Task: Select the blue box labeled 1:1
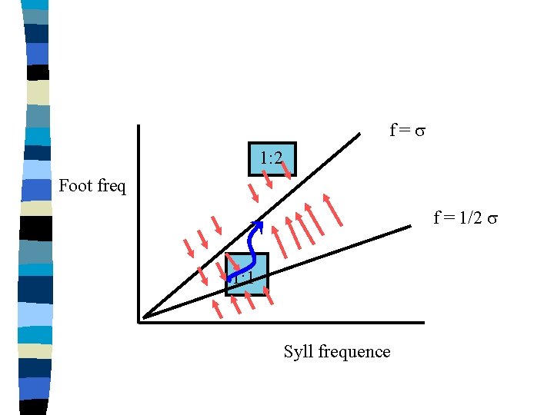click(247, 274)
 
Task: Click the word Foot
click(75, 185)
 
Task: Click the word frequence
click(351, 352)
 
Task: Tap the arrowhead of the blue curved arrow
click(259, 225)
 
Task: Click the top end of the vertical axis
click(138, 127)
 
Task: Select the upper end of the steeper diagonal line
click(359, 134)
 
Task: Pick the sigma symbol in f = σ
click(420, 131)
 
